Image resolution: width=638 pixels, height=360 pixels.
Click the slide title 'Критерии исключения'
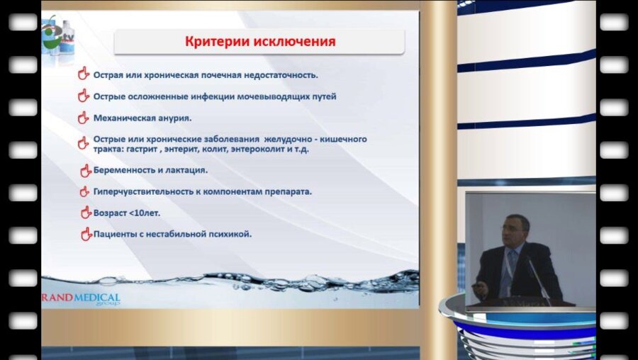pos(260,42)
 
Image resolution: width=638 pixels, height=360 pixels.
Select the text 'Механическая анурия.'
pos(142,118)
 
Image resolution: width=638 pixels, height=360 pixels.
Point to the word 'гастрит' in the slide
pos(152,150)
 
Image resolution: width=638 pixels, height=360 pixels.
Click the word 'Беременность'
pos(124,170)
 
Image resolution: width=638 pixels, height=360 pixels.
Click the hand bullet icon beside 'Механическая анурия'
pos(83,118)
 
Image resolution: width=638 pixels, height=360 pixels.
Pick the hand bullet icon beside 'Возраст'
pos(86,212)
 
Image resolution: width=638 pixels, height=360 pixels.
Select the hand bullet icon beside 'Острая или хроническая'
pos(83,73)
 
